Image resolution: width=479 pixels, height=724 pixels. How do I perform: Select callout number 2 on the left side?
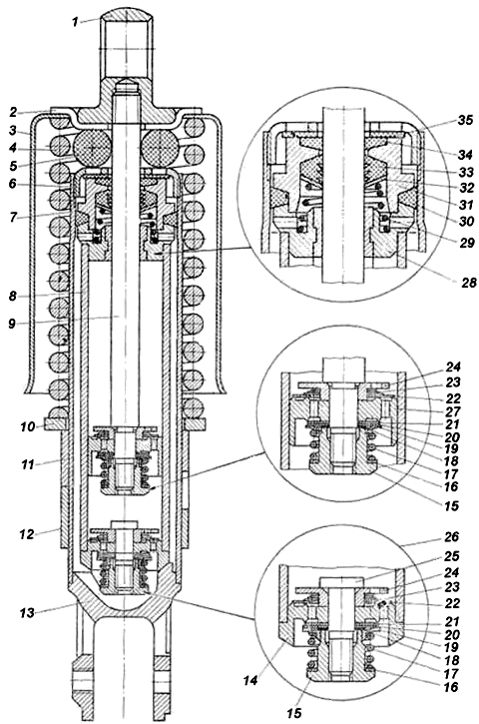[13, 112]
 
